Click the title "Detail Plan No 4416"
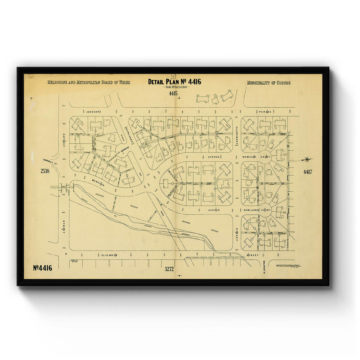coord(174,82)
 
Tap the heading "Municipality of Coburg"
coord(268,83)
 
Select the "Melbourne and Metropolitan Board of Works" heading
coord(89,82)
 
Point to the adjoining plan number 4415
coord(173,94)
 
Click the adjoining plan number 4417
coord(307,172)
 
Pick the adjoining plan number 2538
coord(45,171)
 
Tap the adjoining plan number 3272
coord(169,269)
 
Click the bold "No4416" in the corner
coord(43,268)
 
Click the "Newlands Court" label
coord(253,210)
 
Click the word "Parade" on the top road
coord(265,112)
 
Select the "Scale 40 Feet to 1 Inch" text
coord(174,87)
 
